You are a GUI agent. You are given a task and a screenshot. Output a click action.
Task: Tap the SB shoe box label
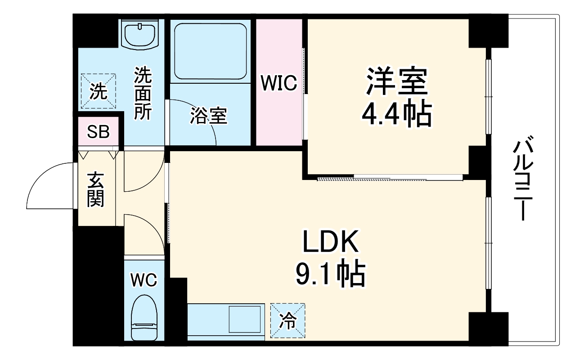[98, 132]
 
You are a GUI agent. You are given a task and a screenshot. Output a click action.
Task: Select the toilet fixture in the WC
[144, 318]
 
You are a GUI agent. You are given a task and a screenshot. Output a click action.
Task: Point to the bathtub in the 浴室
[211, 51]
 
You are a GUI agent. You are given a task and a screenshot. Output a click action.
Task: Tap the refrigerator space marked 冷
[288, 320]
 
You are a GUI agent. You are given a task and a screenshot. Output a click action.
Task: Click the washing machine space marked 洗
[98, 91]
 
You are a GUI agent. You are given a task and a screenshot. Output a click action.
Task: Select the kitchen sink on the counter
[245, 319]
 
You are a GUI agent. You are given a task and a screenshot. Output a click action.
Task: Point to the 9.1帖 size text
[331, 273]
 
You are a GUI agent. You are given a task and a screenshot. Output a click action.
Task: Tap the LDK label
[330, 241]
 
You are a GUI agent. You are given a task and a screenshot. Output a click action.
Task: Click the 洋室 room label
[397, 81]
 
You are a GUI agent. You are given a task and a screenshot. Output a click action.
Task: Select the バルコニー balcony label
[523, 178]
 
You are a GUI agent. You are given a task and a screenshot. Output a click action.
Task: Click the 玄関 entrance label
[96, 189]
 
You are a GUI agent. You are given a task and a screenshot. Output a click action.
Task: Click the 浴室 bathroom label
[209, 116]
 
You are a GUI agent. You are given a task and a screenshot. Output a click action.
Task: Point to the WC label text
[144, 280]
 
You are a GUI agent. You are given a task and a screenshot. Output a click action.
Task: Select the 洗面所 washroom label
[143, 94]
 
